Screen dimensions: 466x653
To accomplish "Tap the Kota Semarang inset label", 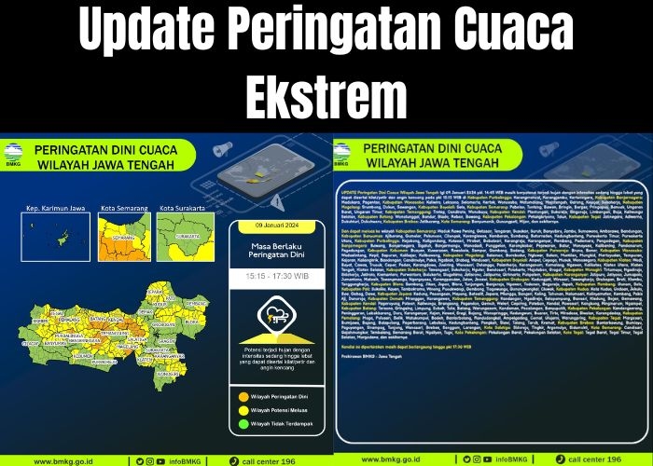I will (124, 208).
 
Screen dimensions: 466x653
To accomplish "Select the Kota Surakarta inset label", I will (181, 208).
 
